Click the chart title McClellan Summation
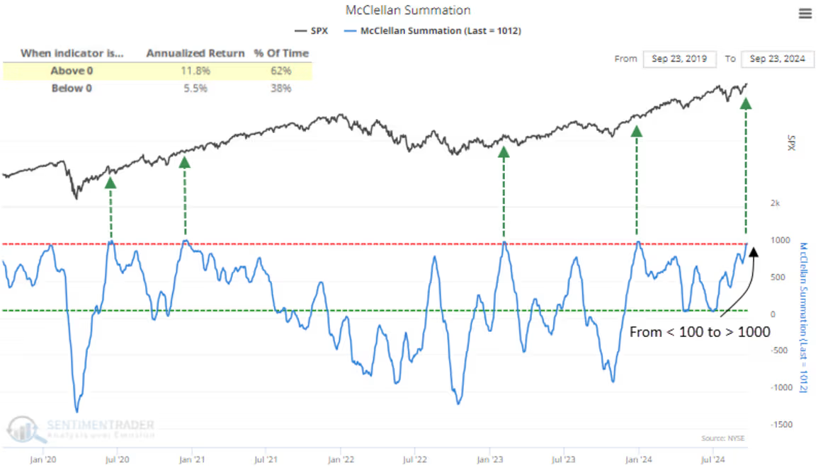(x=407, y=11)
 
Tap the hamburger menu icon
(x=805, y=13)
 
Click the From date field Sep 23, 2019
(x=680, y=59)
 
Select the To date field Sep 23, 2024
(x=778, y=59)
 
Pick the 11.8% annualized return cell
(x=195, y=70)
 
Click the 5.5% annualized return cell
(x=195, y=88)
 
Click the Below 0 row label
(x=72, y=88)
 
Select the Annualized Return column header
(x=195, y=53)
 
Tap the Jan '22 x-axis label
(x=341, y=459)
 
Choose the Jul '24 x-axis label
(x=712, y=459)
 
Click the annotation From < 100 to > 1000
(x=699, y=331)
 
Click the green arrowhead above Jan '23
(x=503, y=151)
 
